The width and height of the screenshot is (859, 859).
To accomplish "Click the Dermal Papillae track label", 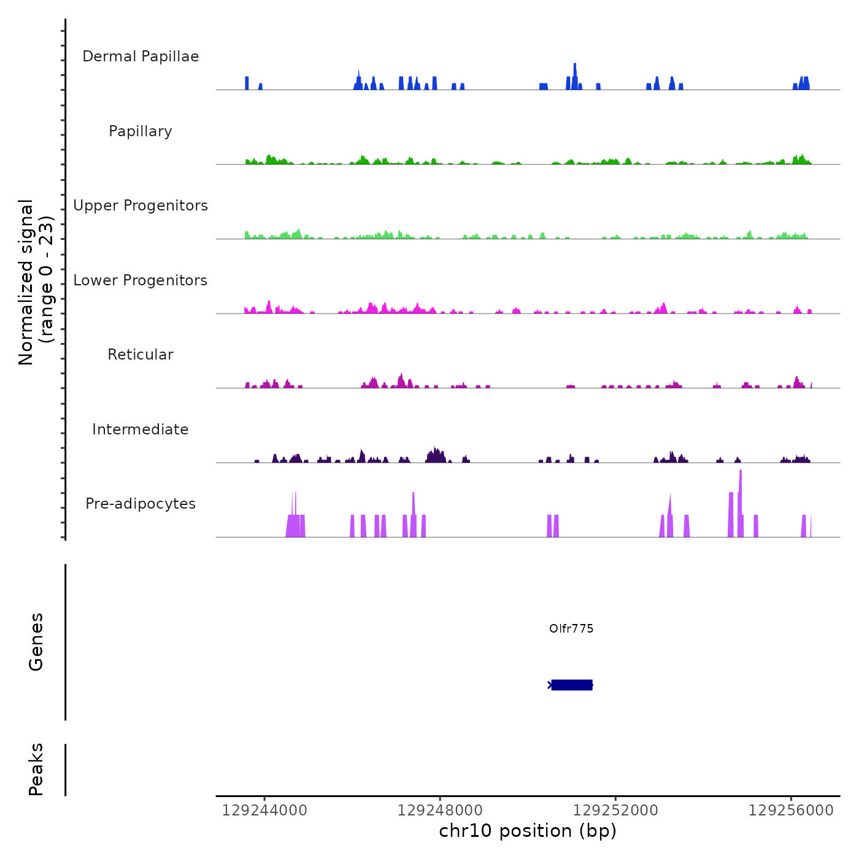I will click(x=141, y=56).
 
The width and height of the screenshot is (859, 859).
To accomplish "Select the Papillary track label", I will click(x=141, y=131).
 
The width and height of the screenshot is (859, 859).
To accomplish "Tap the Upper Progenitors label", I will click(x=141, y=206).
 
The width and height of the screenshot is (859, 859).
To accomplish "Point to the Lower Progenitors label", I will click(x=141, y=280).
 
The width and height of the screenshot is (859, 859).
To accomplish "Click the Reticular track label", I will click(x=141, y=355).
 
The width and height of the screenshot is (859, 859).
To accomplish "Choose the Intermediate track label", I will click(x=141, y=429).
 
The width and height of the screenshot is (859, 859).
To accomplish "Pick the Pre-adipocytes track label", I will click(x=141, y=504).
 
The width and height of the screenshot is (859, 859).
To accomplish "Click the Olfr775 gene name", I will click(x=571, y=628).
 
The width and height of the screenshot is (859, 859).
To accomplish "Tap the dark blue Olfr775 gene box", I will click(x=572, y=685).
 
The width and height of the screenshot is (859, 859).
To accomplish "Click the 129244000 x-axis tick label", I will click(x=264, y=811).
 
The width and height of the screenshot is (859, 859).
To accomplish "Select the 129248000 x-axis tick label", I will click(x=440, y=811).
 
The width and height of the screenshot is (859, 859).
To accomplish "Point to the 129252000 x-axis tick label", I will click(x=615, y=811).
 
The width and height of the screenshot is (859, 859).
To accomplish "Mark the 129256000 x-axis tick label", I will click(x=791, y=811).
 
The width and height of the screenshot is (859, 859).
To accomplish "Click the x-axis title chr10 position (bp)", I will click(x=528, y=831).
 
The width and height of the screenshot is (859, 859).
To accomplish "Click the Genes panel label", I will click(x=36, y=642).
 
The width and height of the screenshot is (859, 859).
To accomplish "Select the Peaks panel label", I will click(x=36, y=769).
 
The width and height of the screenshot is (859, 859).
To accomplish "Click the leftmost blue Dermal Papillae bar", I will click(x=247, y=83).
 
